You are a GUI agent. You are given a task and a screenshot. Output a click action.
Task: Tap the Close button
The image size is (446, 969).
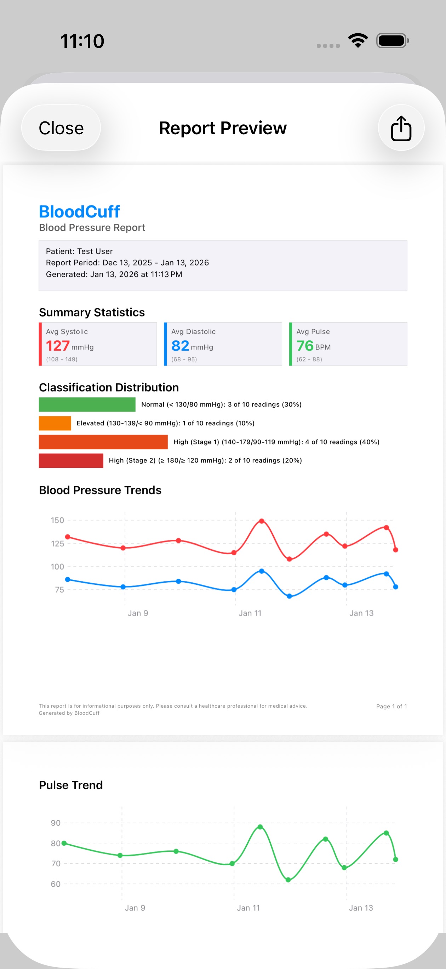[61, 128]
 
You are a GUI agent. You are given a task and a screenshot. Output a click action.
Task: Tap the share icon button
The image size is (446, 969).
[401, 128]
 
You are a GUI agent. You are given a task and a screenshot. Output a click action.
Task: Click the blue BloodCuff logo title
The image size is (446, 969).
[79, 212]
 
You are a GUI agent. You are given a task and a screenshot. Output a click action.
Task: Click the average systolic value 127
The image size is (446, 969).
[58, 346]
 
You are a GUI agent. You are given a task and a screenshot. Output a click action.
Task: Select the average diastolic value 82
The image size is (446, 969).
[180, 346]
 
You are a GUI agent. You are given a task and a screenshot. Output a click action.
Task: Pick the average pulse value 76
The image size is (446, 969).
[305, 346]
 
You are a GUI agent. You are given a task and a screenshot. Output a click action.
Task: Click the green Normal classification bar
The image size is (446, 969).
[87, 404]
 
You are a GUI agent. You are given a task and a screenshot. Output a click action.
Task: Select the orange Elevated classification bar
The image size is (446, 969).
[55, 423]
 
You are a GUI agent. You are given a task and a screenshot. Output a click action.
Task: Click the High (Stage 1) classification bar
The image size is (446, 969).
[103, 442]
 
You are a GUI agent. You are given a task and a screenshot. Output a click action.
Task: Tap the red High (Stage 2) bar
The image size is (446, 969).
[71, 460]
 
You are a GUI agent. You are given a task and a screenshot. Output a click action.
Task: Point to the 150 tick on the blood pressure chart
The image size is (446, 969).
[58, 520]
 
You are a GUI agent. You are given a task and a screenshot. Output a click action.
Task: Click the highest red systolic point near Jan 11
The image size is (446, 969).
[261, 521]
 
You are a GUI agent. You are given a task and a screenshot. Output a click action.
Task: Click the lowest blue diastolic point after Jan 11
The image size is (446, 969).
[289, 596]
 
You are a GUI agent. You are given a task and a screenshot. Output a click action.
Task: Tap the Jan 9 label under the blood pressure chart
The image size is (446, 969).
[138, 613]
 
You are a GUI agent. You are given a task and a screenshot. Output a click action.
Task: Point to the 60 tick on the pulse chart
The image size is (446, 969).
[56, 884]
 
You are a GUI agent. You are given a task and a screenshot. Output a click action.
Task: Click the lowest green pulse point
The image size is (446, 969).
[288, 880]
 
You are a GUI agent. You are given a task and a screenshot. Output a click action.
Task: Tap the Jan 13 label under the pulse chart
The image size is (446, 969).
[361, 908]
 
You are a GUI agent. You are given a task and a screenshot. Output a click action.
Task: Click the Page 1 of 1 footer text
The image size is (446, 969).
[391, 707]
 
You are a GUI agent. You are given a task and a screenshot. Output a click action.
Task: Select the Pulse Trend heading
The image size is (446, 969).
[71, 785]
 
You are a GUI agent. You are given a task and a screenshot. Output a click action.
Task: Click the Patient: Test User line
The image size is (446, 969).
[79, 251]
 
